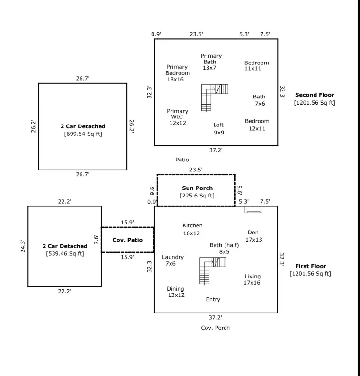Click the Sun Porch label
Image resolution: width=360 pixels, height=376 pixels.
197,188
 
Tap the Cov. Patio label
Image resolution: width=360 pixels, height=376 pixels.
127,240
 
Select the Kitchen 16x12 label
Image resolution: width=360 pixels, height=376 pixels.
192,229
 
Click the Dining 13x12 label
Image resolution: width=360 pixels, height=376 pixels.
176,292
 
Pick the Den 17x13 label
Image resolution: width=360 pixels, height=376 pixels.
253,236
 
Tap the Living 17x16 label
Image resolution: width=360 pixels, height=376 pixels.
252,279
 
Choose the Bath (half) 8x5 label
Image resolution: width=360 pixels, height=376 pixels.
224,248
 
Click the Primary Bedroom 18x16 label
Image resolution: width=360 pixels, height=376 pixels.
177,73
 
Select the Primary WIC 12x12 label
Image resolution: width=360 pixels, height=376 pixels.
178,117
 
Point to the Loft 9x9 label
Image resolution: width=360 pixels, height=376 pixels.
218,128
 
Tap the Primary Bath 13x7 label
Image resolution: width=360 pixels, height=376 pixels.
211,62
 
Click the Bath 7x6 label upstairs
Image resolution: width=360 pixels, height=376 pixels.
259,100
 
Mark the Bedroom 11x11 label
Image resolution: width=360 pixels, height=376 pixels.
256,65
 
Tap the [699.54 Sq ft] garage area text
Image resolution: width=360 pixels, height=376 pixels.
83,134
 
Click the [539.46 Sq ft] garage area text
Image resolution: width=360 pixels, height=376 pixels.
65,254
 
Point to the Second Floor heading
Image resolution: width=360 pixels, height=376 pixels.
314,95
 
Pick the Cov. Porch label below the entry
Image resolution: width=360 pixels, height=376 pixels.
215,328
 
